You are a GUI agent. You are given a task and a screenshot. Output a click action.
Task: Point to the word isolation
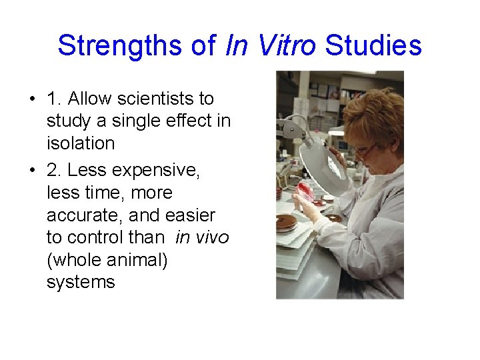[81, 143]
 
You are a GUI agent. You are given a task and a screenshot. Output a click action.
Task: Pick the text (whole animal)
[107, 259]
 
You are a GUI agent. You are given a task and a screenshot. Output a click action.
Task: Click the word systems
[81, 281]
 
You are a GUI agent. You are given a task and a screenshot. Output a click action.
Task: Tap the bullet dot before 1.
[32, 99]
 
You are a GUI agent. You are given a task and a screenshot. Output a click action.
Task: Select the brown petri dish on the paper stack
[287, 223]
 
